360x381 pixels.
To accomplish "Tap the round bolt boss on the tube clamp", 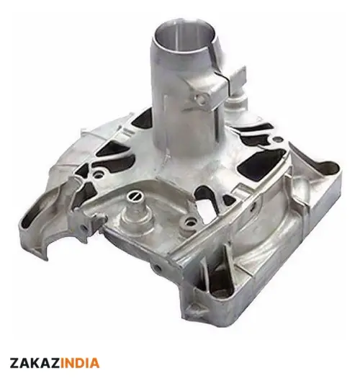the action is pyautogui.click(x=201, y=99).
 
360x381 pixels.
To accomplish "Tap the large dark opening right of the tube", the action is pyautogui.click(x=260, y=161).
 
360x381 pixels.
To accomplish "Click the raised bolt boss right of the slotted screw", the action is pyautogui.click(x=189, y=221).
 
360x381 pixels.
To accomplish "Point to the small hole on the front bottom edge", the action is pyautogui.click(x=158, y=268).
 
